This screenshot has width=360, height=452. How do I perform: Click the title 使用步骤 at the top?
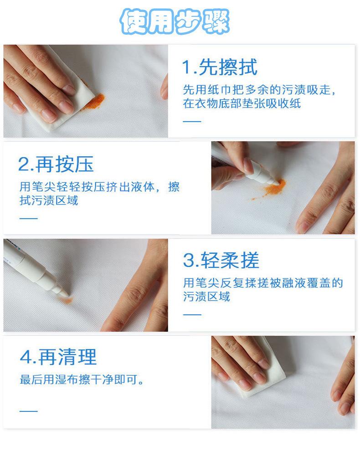tap(175, 21)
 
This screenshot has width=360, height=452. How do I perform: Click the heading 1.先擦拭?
tap(220, 67)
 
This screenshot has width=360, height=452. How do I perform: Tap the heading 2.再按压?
tap(56, 164)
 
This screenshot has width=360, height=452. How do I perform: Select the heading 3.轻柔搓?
tap(221, 260)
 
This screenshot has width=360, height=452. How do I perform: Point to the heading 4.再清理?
tap(58, 357)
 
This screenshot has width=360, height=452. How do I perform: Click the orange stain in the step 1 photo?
tap(94, 101)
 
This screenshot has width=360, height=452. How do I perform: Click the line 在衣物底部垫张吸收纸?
tap(242, 103)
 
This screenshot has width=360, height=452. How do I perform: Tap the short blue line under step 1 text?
tap(192, 121)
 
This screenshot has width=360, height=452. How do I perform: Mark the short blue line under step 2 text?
tap(29, 219)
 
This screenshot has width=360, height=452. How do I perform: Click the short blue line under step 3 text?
tap(192, 314)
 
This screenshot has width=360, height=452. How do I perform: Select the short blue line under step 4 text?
tap(29, 411)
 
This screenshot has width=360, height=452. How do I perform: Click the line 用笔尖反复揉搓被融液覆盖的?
tap(263, 283)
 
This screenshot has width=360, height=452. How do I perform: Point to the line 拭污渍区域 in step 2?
tap(49, 200)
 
